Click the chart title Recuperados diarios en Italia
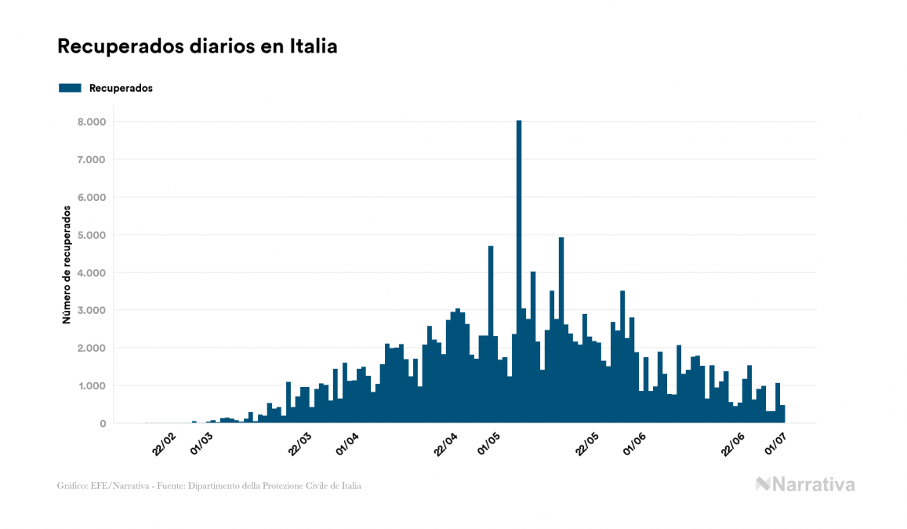coord(198,46)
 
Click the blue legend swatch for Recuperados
coord(70,88)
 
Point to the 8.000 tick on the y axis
coord(91,122)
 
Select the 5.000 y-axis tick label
coord(91,235)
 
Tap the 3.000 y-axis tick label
coord(91,310)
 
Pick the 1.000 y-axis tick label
coord(91,385)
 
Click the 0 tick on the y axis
coord(102,424)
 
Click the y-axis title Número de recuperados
coord(67,265)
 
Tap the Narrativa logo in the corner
coord(805,484)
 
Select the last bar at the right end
coord(782,414)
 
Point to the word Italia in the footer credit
coord(350,486)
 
